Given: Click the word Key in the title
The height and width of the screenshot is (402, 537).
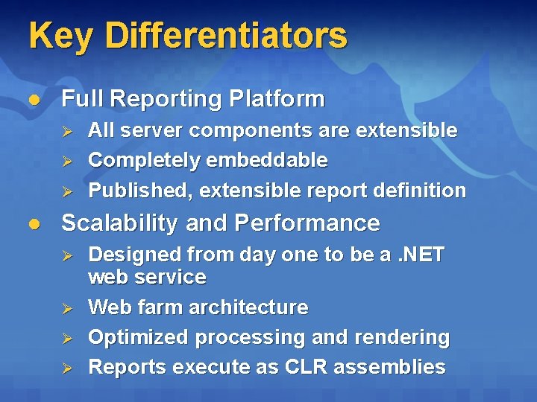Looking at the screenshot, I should coord(61,36).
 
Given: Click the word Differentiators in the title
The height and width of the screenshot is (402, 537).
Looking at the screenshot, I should coord(226,36).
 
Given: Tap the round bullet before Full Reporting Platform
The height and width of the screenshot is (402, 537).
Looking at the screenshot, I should coord(33,99).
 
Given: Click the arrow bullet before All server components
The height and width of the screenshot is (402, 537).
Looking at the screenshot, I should coord(66,131).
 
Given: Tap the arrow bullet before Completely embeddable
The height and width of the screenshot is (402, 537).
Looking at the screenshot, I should coord(66,161).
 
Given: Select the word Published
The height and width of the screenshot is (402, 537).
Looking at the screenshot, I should coord(139,191).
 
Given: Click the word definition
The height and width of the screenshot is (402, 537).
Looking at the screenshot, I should coord(423,191).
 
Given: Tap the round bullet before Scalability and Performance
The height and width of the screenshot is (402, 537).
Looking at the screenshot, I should coord(33,223).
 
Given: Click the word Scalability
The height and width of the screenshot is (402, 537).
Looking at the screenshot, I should coord(120,223).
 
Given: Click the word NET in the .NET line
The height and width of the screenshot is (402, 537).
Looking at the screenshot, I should coord(424,255).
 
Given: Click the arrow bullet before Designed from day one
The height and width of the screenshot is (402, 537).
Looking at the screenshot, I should coord(66,255).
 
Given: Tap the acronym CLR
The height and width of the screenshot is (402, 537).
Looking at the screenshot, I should coord(300,367).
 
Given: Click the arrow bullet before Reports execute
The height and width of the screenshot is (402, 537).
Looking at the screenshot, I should coord(66,368).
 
